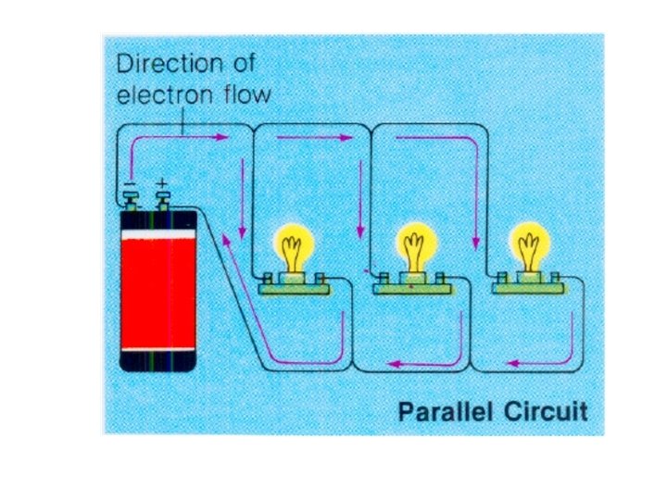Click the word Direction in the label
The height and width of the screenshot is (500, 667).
[164, 65]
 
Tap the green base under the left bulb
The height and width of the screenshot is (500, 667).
[296, 288]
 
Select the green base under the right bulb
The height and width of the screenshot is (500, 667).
[528, 288]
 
